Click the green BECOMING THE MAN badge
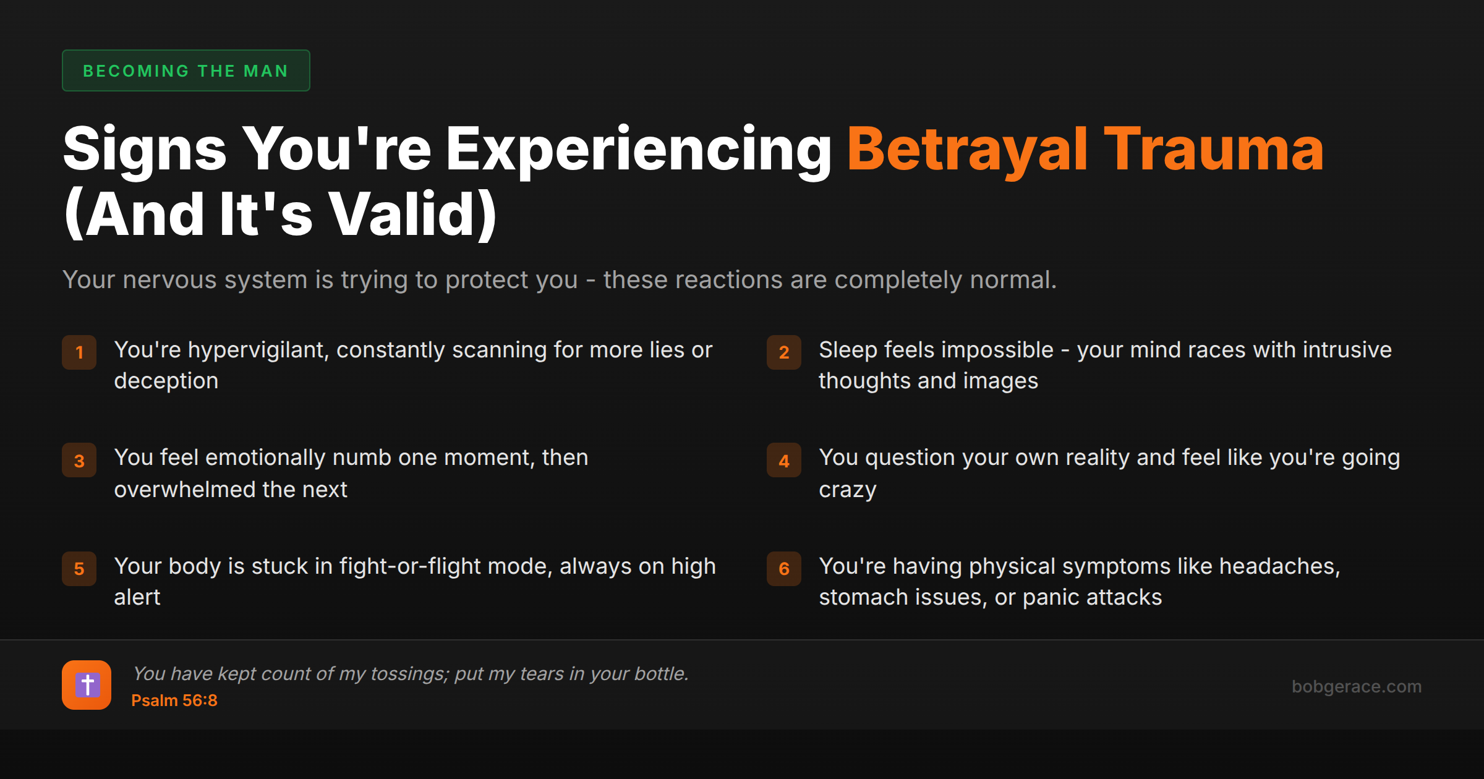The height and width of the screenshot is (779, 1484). coord(185,70)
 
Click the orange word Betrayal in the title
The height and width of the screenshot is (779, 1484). coord(967,149)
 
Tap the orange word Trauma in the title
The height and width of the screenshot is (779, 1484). coord(1214,149)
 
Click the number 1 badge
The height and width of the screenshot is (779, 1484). coord(79,352)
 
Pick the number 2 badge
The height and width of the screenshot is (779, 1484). coord(784,352)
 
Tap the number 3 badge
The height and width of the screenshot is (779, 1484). coord(79,461)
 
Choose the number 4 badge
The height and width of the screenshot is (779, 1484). coord(784,461)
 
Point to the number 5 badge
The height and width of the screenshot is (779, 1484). coord(79,569)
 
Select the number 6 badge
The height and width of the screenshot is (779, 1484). coord(784,569)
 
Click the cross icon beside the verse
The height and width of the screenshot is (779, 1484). coord(87,685)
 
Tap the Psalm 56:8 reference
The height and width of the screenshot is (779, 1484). coord(174,700)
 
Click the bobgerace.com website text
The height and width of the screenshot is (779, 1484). coord(1356,686)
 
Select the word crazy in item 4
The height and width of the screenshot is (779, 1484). coord(848,490)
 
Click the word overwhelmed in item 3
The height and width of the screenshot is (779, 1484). coord(185,490)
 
